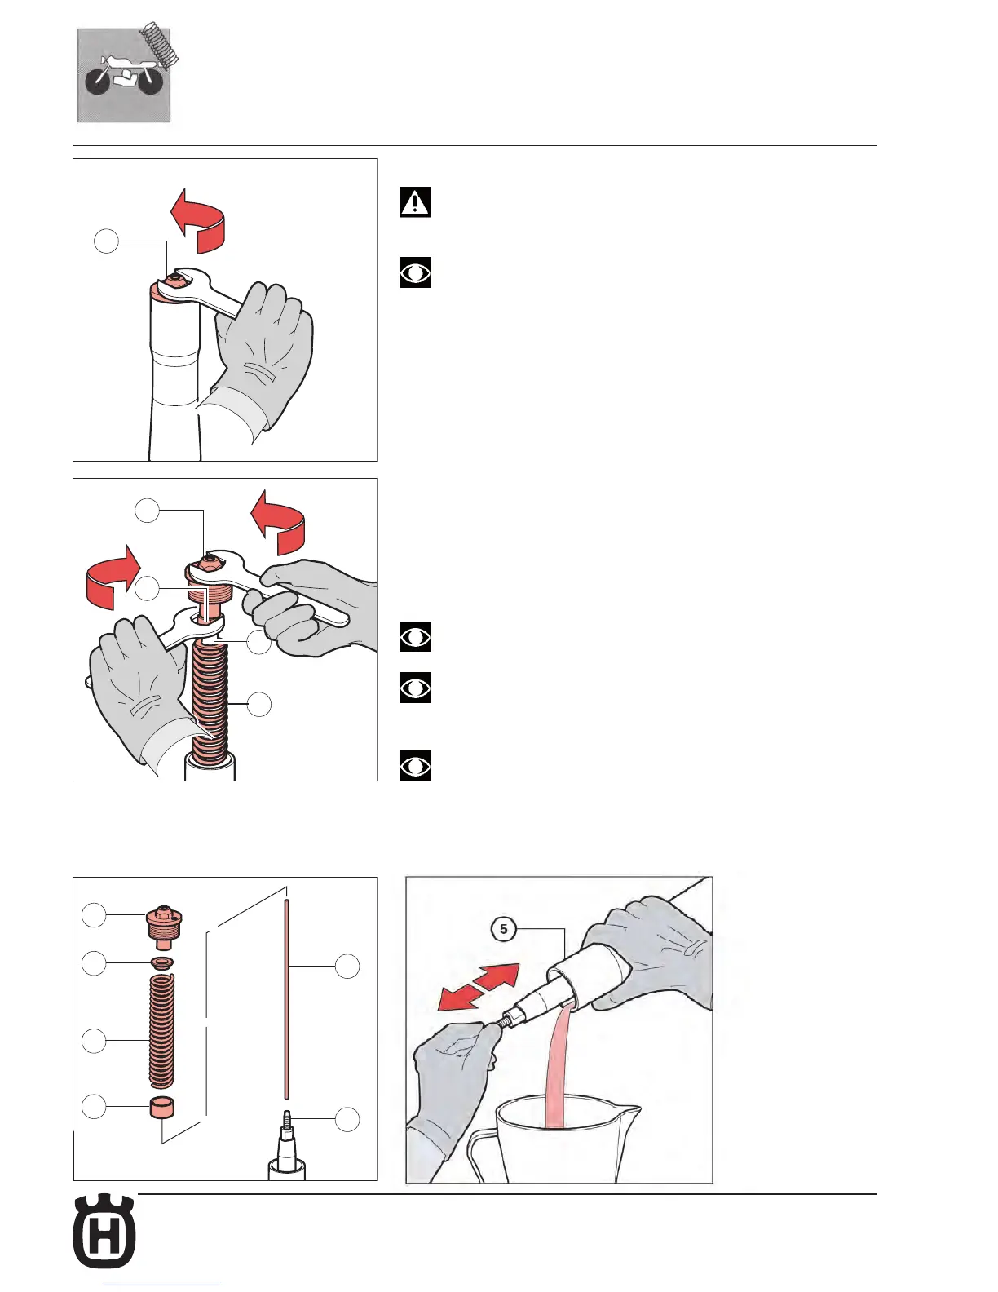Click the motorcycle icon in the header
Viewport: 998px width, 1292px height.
(124, 76)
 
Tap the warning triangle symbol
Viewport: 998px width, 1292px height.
(415, 203)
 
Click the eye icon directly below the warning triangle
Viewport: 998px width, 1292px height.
(415, 272)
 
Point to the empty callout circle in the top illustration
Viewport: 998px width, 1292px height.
(106, 241)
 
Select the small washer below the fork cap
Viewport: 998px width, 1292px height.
(160, 963)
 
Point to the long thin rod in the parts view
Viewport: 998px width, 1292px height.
(287, 999)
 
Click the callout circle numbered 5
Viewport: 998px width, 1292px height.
(503, 929)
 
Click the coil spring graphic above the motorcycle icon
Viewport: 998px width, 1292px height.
(160, 42)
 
